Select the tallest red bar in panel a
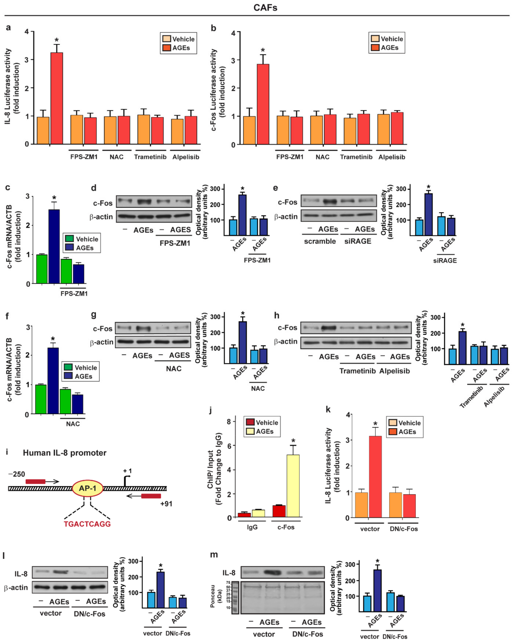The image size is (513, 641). point(57,98)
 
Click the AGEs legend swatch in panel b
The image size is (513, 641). point(375,48)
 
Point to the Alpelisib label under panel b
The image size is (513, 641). point(392,157)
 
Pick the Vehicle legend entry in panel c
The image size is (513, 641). point(82,239)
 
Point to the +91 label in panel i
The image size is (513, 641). point(166,504)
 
